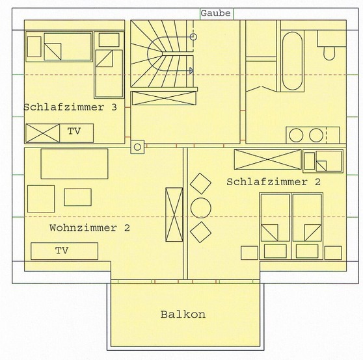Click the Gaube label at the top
pyautogui.click(x=215, y=13)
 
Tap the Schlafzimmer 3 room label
pyautogui.click(x=70, y=107)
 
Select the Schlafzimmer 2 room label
pyautogui.click(x=273, y=182)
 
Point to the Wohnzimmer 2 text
pyautogui.click(x=90, y=228)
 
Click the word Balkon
pyautogui.click(x=183, y=315)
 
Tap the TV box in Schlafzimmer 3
pyautogui.click(x=75, y=132)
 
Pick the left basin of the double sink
pyautogui.click(x=296, y=135)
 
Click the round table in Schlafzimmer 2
pyautogui.click(x=200, y=207)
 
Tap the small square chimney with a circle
pyautogui.click(x=137, y=147)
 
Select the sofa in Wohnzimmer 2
pyautogui.click(x=74, y=163)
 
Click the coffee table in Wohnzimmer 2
pyautogui.click(x=78, y=197)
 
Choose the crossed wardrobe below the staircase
pyautogui.click(x=162, y=99)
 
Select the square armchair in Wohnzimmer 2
pyautogui.click(x=41, y=198)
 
